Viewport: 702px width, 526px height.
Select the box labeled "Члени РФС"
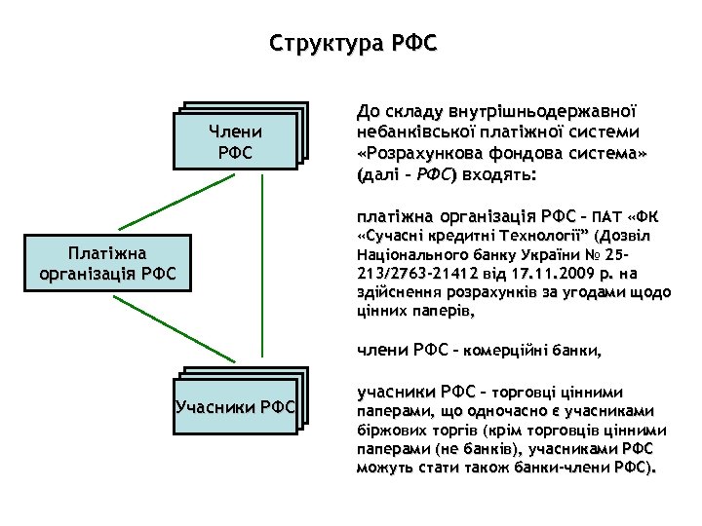[x=235, y=143]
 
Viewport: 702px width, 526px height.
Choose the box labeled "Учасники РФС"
[x=235, y=404]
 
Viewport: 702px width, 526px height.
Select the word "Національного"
[x=404, y=256]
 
